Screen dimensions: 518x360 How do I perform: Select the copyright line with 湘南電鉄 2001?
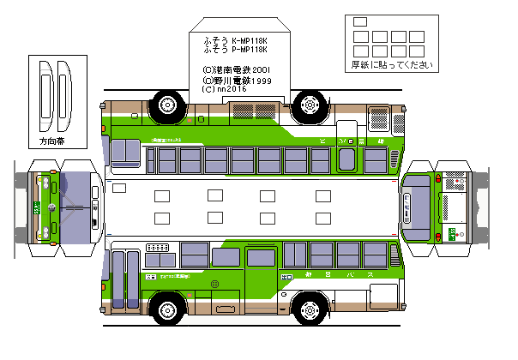[x=237, y=70]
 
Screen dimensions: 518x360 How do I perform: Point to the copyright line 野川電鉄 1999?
[x=237, y=80]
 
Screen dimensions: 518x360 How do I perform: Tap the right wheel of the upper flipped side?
[x=308, y=105]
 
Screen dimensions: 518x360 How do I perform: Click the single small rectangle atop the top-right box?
[x=359, y=21]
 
